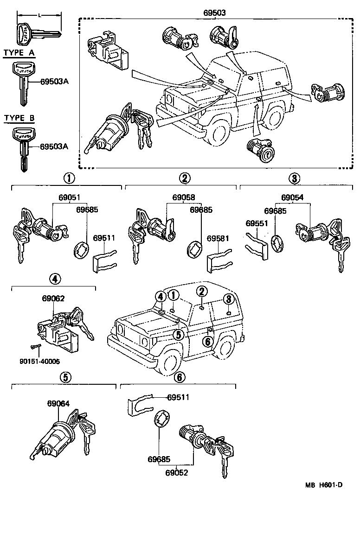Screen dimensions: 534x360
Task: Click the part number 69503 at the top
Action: pyautogui.click(x=214, y=13)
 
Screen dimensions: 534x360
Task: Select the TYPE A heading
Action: pyautogui.click(x=19, y=52)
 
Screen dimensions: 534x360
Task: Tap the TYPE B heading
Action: pyautogui.click(x=19, y=118)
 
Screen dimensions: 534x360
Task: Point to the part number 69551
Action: pyautogui.click(x=256, y=223)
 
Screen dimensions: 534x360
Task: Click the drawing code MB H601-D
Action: pyautogui.click(x=323, y=485)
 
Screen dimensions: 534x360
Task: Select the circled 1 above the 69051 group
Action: pyautogui.click(x=68, y=178)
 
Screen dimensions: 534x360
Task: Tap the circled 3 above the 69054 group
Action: pyautogui.click(x=294, y=178)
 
